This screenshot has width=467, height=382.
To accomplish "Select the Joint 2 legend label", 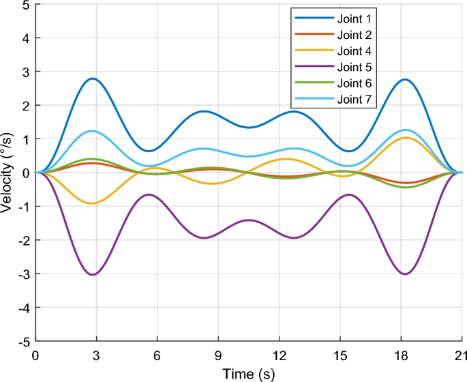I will click(x=355, y=34).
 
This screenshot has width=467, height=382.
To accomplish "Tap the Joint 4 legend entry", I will click(x=355, y=50).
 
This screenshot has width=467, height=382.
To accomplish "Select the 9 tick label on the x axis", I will click(x=218, y=355).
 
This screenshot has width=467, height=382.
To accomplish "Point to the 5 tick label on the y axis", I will click(x=25, y=5).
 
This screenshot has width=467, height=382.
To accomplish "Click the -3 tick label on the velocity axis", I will click(x=22, y=274).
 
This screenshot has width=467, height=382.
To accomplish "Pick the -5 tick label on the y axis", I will click(x=22, y=341).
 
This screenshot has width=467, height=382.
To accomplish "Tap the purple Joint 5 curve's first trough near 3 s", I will click(x=93, y=275).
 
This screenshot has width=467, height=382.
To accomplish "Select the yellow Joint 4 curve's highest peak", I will click(x=407, y=138).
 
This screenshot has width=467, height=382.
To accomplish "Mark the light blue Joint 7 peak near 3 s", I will click(x=93, y=131).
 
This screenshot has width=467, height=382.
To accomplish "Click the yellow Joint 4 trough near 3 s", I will click(x=92, y=203).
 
